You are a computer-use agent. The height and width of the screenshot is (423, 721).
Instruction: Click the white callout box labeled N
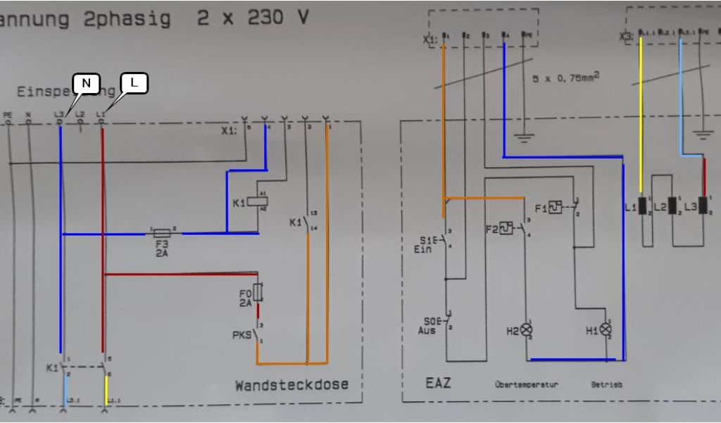tap(86, 83)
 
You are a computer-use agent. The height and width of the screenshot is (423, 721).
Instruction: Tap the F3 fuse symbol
tap(161, 232)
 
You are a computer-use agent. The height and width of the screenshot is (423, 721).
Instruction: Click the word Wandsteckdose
tap(291, 385)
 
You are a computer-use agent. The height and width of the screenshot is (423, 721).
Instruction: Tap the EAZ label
tap(438, 384)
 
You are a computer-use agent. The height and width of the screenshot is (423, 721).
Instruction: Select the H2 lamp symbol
tap(525, 329)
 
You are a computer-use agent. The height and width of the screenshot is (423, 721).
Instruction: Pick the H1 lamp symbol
tap(605, 329)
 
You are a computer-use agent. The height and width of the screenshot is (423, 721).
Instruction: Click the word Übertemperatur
tap(526, 385)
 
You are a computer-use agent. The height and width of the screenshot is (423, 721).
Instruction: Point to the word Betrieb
tap(606, 385)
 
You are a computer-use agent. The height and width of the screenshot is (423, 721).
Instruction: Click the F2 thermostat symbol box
tap(506, 228)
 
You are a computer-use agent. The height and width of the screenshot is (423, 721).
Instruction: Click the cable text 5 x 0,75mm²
tap(565, 78)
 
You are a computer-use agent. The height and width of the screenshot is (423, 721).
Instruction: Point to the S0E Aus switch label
tap(427, 325)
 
